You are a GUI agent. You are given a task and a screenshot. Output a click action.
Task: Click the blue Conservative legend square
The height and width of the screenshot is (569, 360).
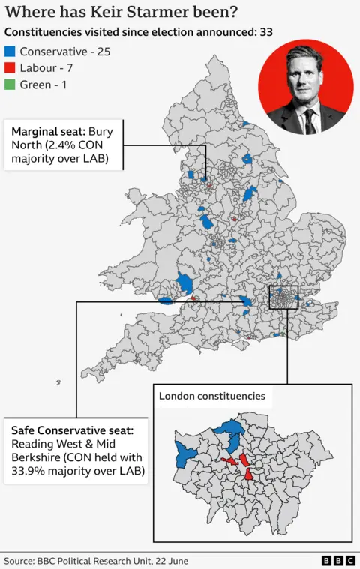(x=10, y=52)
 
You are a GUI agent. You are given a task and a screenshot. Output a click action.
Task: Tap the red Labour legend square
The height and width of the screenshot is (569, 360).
(x=10, y=68)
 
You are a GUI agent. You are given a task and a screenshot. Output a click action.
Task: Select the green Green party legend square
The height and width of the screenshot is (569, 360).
(x=10, y=85)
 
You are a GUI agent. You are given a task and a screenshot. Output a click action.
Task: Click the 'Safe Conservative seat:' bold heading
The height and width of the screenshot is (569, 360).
(x=72, y=430)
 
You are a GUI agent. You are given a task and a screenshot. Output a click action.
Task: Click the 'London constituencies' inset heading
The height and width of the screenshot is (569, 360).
(x=211, y=395)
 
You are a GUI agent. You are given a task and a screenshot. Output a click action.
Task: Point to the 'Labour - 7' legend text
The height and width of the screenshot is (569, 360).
(x=46, y=68)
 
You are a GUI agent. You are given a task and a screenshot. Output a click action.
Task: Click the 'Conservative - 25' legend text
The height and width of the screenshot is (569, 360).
(x=66, y=52)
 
